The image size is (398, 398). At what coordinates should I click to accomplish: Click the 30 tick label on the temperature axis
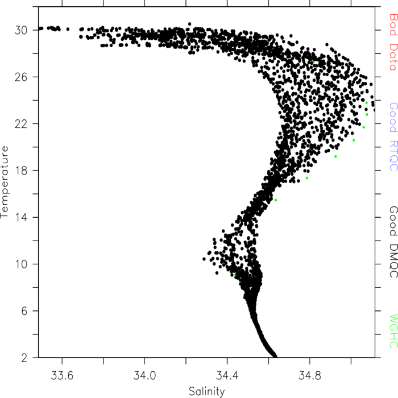coord(21,30)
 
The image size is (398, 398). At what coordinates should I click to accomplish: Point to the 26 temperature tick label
coord(21,77)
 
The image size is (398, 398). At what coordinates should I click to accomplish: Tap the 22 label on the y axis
coord(21,124)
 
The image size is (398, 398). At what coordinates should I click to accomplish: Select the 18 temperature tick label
coord(21,171)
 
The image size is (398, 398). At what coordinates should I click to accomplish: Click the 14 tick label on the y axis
coord(21,218)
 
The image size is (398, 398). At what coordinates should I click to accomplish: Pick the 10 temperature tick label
coord(21,264)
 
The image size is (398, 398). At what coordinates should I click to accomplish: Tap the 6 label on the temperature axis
coord(24,311)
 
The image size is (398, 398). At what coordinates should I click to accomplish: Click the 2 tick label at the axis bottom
coord(24,358)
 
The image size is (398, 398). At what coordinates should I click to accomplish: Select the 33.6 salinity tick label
coord(62,375)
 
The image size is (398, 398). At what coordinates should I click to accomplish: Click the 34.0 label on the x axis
coord(144,375)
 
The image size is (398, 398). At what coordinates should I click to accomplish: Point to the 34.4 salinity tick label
coord(227,375)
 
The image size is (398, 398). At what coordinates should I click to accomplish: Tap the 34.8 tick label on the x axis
coord(310,375)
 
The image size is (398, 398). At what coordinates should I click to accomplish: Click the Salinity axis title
coord(207,391)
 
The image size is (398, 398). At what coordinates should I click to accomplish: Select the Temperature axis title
coord(5,182)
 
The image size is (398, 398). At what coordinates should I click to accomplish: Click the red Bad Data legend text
coord(393,42)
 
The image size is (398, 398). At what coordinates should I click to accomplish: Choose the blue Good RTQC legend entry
coord(393,137)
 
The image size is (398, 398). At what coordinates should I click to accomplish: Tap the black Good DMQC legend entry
coord(393,242)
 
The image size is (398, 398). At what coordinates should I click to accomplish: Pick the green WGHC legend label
coord(393,331)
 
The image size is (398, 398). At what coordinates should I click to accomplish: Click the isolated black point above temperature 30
coord(189,24)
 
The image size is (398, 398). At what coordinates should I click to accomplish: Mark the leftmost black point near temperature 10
coord(204,259)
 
